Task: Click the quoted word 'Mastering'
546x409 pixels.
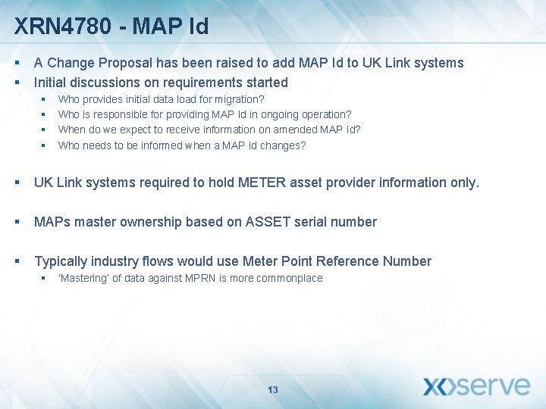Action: pos(83,278)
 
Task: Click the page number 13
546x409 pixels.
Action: pos(273,390)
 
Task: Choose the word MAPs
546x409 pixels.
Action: pos(51,222)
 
